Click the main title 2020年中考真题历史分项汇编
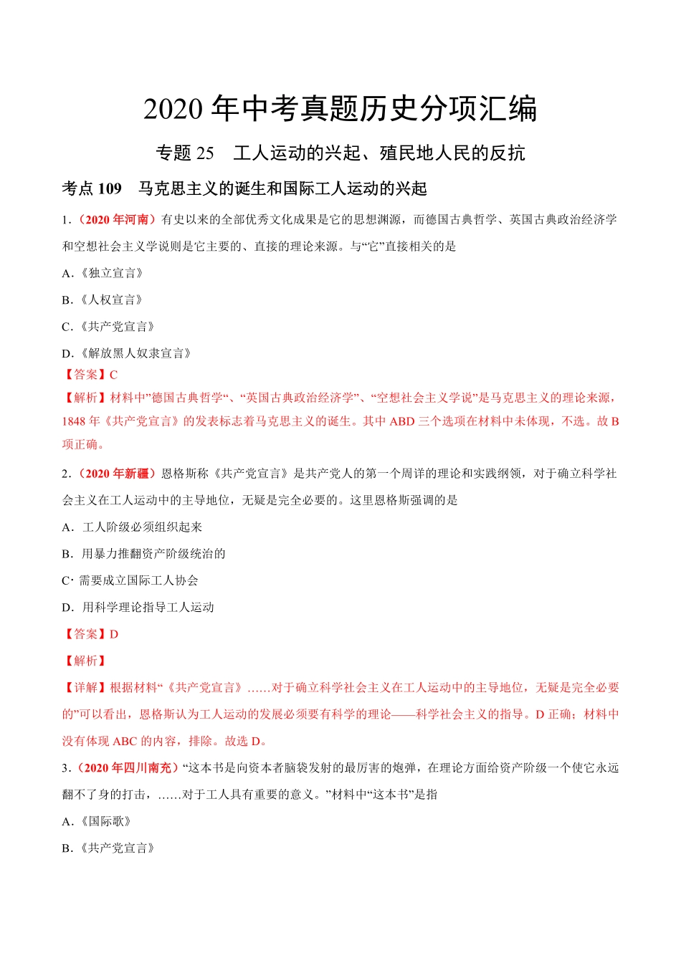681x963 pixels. [x=340, y=109]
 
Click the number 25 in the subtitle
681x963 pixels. [x=205, y=153]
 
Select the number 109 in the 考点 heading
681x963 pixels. [x=110, y=189]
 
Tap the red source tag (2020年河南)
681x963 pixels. [x=115, y=220]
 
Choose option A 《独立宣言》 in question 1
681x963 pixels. [x=104, y=274]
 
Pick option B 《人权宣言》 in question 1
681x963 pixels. [x=104, y=300]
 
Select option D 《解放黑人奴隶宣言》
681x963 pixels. [x=128, y=353]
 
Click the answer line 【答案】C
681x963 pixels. [x=90, y=375]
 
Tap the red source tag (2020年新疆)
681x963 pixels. [x=115, y=474]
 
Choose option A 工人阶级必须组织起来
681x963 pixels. [x=133, y=527]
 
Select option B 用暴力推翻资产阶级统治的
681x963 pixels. [x=143, y=554]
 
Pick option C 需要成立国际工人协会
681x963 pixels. [x=130, y=580]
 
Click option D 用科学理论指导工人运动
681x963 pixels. [x=138, y=608]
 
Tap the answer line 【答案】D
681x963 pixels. [x=90, y=634]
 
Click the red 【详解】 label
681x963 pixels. [x=85, y=688]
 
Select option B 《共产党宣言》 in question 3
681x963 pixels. [x=110, y=848]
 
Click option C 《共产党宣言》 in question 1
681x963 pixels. [x=110, y=327]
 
